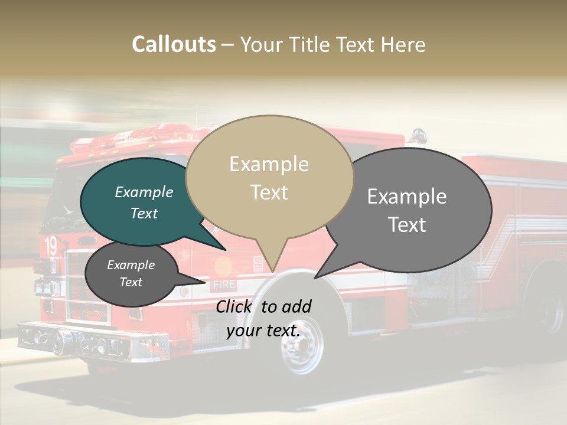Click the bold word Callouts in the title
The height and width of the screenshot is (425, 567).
coord(174,44)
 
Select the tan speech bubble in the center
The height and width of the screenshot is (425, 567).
coord(269,177)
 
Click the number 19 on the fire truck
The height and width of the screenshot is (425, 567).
coord(51,246)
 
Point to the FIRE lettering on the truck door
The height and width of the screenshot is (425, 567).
coord(224,285)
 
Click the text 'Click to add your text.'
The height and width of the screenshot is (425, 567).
coord(263,318)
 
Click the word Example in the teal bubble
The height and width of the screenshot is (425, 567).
coord(144,192)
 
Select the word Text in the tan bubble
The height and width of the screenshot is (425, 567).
coord(269,192)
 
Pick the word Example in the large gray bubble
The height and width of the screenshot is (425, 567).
coord(407,196)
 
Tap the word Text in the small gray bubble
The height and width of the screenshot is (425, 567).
coord(131,282)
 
